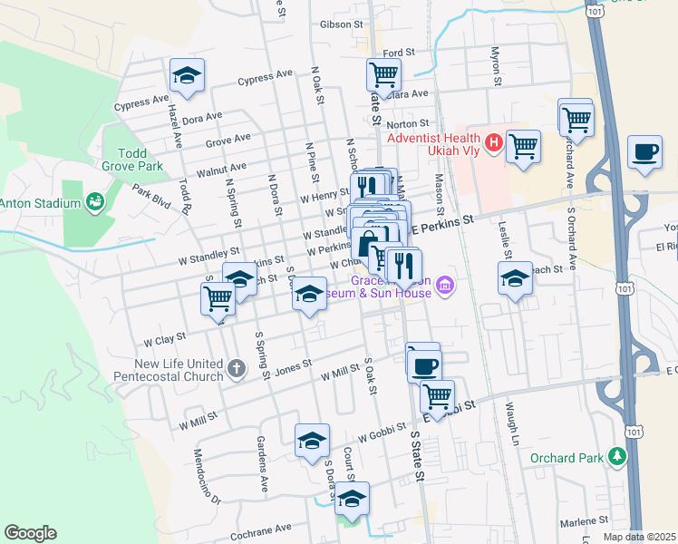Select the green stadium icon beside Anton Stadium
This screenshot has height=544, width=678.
point(93,199)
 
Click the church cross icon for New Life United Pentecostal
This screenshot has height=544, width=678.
point(237,368)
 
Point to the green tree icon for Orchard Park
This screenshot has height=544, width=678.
point(617,455)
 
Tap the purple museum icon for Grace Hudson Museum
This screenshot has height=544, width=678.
point(444,287)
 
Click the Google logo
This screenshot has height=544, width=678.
point(30,533)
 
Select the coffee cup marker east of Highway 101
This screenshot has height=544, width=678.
point(644,151)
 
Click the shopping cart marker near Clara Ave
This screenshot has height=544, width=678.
point(383,75)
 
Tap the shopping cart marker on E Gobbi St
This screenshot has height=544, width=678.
point(437,396)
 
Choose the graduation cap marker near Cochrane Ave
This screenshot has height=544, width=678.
point(352,499)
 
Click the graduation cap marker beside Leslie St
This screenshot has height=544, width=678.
point(515,278)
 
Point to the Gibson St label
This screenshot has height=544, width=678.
point(341,24)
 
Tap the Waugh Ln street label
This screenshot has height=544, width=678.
point(511,418)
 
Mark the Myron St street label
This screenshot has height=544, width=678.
point(496,68)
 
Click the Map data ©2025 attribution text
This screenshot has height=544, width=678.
point(640,537)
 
